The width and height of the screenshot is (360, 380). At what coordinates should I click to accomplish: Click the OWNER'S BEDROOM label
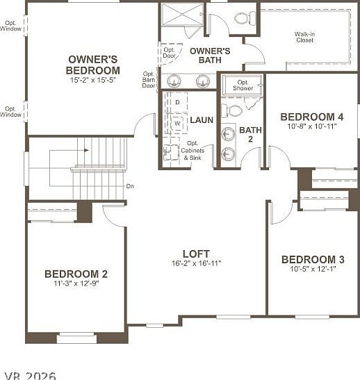[93, 65]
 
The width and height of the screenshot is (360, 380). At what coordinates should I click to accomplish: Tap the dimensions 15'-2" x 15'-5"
[93, 81]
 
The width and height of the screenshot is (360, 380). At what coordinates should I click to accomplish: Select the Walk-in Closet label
[304, 37]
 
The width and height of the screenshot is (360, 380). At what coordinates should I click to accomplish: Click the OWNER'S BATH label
[210, 56]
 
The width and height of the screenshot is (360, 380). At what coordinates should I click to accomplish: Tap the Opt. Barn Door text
[149, 80]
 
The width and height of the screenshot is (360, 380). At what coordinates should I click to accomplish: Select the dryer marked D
[177, 103]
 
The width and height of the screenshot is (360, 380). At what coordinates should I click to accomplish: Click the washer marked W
[177, 123]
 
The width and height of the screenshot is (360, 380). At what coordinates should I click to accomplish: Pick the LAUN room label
[202, 120]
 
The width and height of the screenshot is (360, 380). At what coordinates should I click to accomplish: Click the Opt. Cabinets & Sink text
[193, 151]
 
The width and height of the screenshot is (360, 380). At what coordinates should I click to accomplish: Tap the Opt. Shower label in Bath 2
[243, 85]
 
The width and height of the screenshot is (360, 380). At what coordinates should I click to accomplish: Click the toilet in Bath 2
[235, 110]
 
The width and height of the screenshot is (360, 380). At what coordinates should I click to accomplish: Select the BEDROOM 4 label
[311, 117]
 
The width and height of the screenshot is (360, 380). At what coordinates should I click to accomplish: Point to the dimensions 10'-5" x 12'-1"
[313, 269]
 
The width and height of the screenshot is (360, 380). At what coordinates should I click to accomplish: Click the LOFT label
[196, 254]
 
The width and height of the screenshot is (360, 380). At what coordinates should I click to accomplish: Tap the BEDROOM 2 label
[76, 274]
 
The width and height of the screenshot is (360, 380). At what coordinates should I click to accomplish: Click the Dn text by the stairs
[130, 186]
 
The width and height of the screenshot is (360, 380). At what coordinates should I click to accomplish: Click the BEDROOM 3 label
[313, 259]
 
